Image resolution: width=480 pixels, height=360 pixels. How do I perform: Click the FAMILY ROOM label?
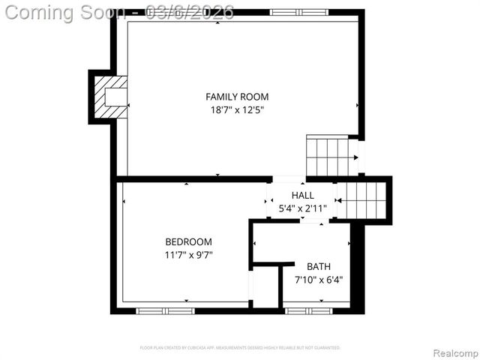[237, 97]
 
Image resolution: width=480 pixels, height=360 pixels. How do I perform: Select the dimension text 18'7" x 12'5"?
[237, 109]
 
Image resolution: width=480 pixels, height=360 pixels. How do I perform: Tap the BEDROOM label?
[188, 242]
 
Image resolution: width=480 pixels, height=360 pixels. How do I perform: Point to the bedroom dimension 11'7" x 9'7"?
[188, 255]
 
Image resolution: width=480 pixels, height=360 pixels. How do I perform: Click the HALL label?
[303, 196]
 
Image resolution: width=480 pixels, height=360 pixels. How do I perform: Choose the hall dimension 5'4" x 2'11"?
[303, 208]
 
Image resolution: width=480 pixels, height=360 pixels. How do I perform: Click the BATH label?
[318, 266]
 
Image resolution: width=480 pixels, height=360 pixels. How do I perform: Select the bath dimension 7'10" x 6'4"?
[318, 280]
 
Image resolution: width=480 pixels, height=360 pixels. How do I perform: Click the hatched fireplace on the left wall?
[109, 97]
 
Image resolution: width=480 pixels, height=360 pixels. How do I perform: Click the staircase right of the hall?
[361, 200]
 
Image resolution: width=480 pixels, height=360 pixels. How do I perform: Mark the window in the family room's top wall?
[298, 13]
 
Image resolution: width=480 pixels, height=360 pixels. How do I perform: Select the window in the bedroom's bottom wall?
[165, 310]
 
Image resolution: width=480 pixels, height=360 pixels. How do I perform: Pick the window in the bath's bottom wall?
[309, 310]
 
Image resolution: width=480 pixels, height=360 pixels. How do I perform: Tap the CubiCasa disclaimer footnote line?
[240, 347]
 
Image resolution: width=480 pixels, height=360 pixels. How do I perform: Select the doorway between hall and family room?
[288, 179]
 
